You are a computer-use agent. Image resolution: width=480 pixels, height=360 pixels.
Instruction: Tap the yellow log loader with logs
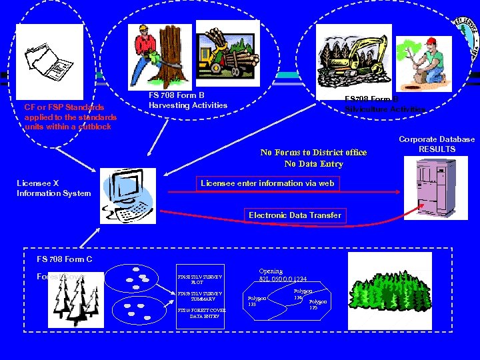point(227,55)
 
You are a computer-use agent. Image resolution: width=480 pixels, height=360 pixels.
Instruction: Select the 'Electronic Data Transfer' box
point(295,215)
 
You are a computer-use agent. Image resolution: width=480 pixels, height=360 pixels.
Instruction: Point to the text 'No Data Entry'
point(313,164)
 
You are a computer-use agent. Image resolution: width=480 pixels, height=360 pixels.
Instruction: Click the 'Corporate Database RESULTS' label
point(437,144)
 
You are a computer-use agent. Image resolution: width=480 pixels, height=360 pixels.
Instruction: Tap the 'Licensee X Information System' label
point(53,189)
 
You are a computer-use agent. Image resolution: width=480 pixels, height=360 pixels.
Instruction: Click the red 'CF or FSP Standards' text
point(64,107)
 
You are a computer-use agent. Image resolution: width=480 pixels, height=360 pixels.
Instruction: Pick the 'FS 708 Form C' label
point(65,259)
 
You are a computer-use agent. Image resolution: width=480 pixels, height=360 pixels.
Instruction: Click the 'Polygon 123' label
point(257,301)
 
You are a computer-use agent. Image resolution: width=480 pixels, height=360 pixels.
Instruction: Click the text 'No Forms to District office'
point(313,153)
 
